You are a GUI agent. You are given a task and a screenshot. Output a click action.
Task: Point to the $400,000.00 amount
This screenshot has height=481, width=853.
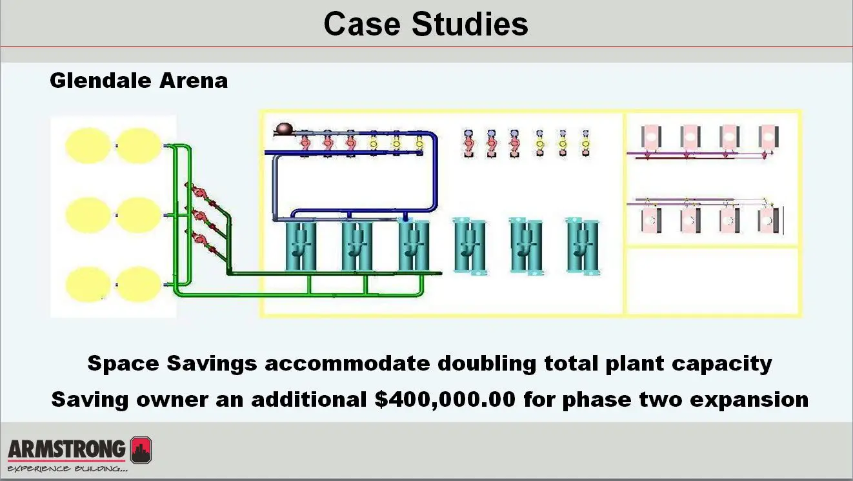click(445, 399)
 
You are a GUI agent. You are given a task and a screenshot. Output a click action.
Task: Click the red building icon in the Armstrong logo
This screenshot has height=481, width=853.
click(141, 450)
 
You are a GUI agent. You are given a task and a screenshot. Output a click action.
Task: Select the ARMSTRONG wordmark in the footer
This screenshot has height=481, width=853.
click(67, 449)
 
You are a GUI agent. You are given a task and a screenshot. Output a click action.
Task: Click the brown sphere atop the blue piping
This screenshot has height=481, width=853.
click(283, 130)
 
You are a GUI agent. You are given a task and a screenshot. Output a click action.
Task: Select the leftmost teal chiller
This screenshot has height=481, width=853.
click(300, 246)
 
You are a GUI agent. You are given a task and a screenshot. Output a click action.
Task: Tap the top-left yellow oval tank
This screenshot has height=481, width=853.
click(88, 146)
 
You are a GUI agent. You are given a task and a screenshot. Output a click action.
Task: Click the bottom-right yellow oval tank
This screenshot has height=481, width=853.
click(139, 284)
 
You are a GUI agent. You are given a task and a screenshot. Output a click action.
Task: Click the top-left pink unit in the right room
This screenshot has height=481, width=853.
click(650, 137)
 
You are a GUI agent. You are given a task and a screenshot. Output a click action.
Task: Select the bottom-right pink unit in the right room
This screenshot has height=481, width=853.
click(768, 220)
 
